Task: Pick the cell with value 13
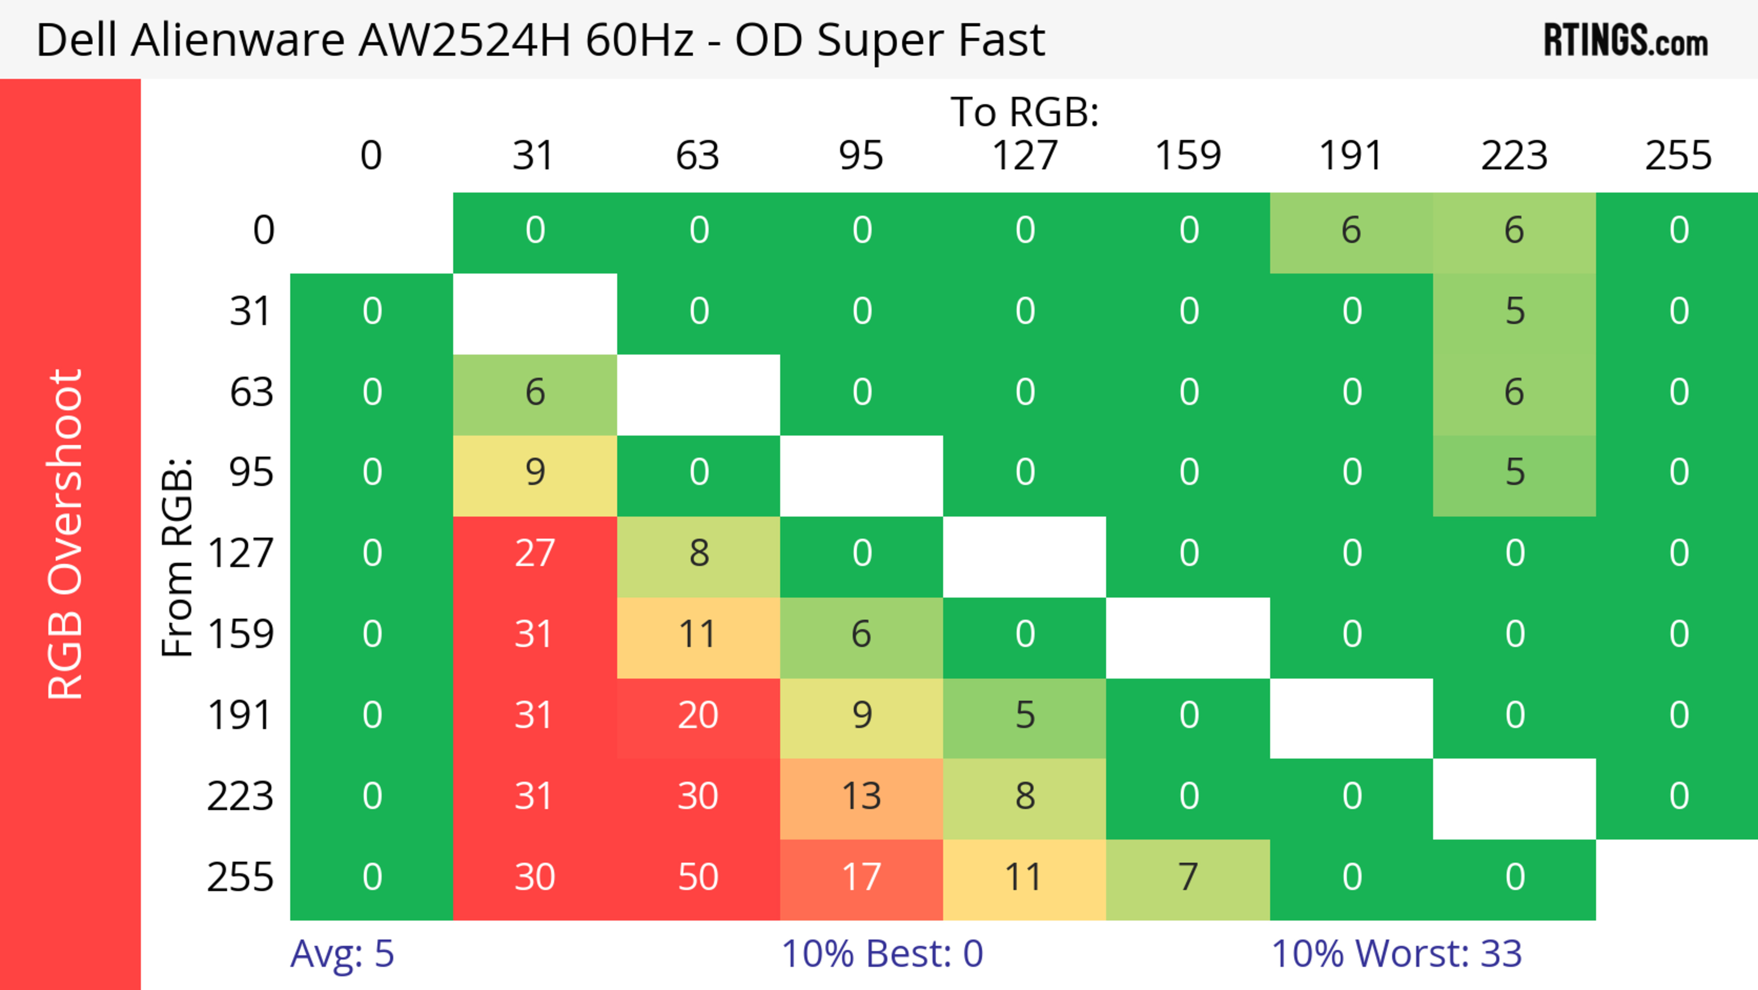click(x=861, y=797)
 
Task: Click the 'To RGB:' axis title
click(x=1025, y=112)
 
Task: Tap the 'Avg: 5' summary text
click(x=342, y=954)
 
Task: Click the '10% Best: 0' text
click(x=882, y=954)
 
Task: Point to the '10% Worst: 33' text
click(x=1396, y=954)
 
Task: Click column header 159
click(x=1188, y=156)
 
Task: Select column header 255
click(x=1678, y=156)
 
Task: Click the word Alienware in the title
click(x=238, y=40)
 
